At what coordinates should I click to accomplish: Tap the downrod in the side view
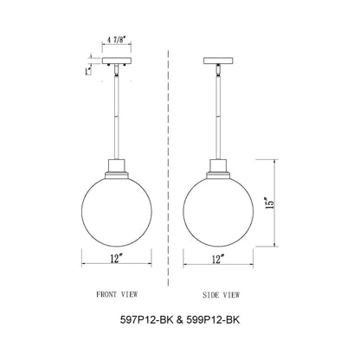(218, 117)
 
